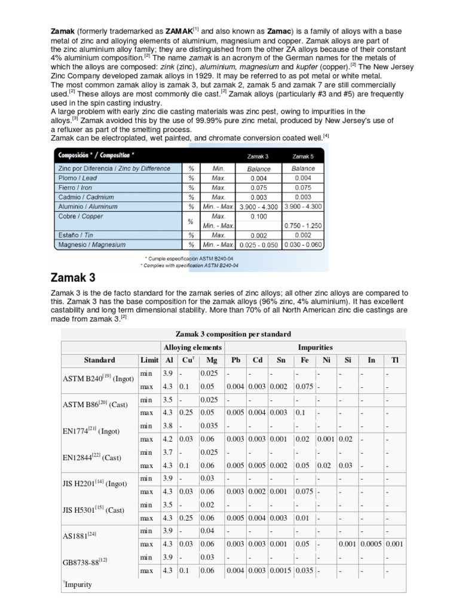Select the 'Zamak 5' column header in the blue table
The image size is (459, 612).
tap(304, 156)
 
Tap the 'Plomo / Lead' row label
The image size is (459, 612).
tap(78, 178)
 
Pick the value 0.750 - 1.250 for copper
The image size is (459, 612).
tap(304, 225)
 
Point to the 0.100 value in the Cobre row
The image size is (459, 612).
tap(259, 216)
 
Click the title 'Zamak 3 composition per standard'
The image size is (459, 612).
tap(233, 333)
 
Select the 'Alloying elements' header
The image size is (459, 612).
tap(192, 347)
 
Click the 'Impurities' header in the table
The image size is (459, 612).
tap(315, 347)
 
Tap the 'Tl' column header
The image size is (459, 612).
tap(394, 360)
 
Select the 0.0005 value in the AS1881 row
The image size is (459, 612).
tap(371, 544)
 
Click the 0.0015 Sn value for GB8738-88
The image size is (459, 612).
tap(280, 571)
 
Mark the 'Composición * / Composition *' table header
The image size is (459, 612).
tap(96, 155)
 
